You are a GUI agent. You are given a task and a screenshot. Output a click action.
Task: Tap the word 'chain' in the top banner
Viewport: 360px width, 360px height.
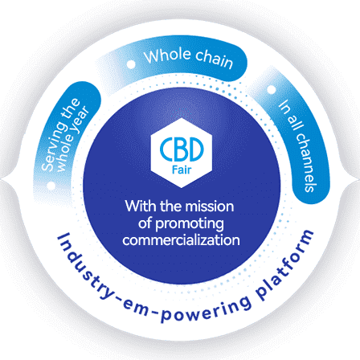215,59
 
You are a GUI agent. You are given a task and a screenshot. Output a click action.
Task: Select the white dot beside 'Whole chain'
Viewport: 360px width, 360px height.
131,64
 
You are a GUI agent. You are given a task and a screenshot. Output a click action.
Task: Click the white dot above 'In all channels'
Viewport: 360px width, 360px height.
272,89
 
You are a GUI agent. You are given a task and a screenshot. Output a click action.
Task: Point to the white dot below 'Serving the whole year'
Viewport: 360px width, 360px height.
51,186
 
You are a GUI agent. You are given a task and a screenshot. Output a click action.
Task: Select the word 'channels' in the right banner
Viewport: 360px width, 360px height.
307,162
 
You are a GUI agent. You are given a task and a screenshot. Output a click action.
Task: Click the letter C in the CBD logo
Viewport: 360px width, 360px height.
166,149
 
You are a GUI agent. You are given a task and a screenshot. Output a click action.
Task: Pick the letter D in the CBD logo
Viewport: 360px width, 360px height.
196,149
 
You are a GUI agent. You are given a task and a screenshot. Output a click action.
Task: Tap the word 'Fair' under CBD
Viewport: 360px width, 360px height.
182,170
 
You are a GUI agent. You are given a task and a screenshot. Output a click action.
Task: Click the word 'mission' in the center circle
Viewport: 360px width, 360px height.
210,207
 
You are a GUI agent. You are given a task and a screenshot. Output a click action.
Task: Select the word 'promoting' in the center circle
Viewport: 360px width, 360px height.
190,224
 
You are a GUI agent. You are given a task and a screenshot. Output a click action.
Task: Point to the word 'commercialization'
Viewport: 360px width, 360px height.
181,239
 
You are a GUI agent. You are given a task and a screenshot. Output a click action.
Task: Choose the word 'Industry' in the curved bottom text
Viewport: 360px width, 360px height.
85,268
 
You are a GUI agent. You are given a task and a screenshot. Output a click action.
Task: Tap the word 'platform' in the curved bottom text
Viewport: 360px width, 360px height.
286,265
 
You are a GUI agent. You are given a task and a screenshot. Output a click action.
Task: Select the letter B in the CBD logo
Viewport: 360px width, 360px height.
181,149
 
